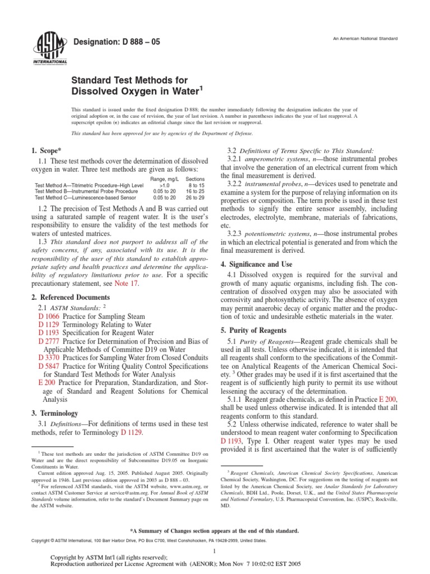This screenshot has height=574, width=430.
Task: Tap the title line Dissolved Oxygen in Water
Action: (137, 91)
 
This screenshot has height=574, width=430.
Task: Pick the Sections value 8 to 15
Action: (197, 184)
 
